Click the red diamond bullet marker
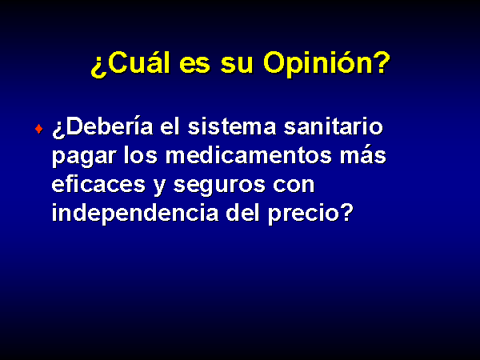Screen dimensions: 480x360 point(39,129)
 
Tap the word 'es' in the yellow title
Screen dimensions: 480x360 point(195,65)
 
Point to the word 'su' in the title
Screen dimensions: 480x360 point(237,65)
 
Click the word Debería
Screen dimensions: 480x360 point(110,126)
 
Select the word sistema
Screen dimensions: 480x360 point(232,126)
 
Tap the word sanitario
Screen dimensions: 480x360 point(334,126)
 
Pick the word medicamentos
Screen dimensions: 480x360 point(249,155)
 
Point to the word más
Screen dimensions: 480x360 point(363,155)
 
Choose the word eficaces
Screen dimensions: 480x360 point(98,184)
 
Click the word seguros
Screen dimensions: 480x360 point(219,186)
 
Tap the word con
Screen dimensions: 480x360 point(294,186)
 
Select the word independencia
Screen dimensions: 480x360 point(135,214)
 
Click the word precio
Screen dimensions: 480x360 point(304,215)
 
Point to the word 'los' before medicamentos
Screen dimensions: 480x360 point(141,155)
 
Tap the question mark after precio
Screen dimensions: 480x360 point(347,213)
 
